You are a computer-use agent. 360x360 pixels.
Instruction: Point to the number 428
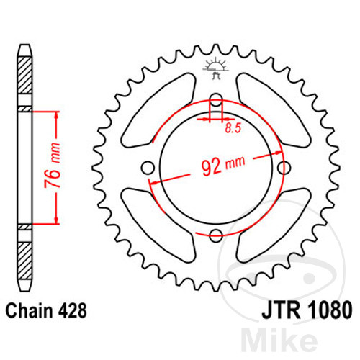point(74,312)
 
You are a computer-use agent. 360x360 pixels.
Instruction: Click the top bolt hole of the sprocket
point(215,99)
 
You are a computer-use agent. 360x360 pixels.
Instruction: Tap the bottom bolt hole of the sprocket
point(215,233)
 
